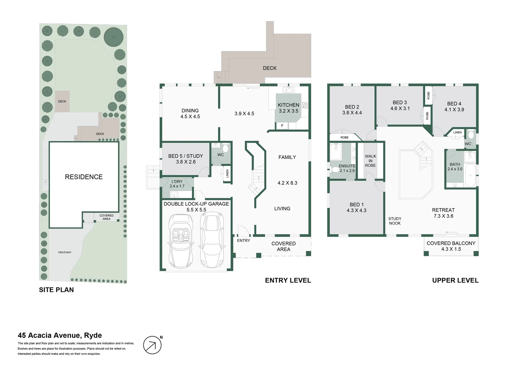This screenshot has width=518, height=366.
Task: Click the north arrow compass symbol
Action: [x=152, y=345]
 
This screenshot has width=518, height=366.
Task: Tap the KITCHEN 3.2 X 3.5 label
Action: [x=288, y=108]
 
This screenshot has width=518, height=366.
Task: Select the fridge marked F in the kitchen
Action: [x=282, y=126]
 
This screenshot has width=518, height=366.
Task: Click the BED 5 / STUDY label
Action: [x=185, y=159]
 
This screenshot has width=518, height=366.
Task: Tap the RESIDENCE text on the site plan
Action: [x=84, y=177]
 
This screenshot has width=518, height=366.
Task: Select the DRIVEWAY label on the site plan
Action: [x=65, y=252]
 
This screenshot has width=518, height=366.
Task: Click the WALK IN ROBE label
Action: [x=370, y=161]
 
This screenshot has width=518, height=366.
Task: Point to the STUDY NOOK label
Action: [x=395, y=221]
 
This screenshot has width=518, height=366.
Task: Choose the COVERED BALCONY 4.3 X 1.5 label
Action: [x=451, y=246]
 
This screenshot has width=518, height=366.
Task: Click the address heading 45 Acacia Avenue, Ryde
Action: [x=60, y=335]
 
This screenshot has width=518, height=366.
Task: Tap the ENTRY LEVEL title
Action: [x=288, y=280]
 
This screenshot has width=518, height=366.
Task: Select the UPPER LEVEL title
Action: [x=455, y=280]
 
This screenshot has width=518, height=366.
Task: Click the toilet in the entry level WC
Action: [x=225, y=148]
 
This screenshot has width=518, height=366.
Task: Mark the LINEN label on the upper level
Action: [x=457, y=133]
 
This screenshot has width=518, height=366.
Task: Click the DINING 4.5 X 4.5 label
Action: [x=190, y=113]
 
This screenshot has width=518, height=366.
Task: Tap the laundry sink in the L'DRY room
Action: [x=174, y=195]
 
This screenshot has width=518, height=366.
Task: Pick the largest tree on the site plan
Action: [x=114, y=36]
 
